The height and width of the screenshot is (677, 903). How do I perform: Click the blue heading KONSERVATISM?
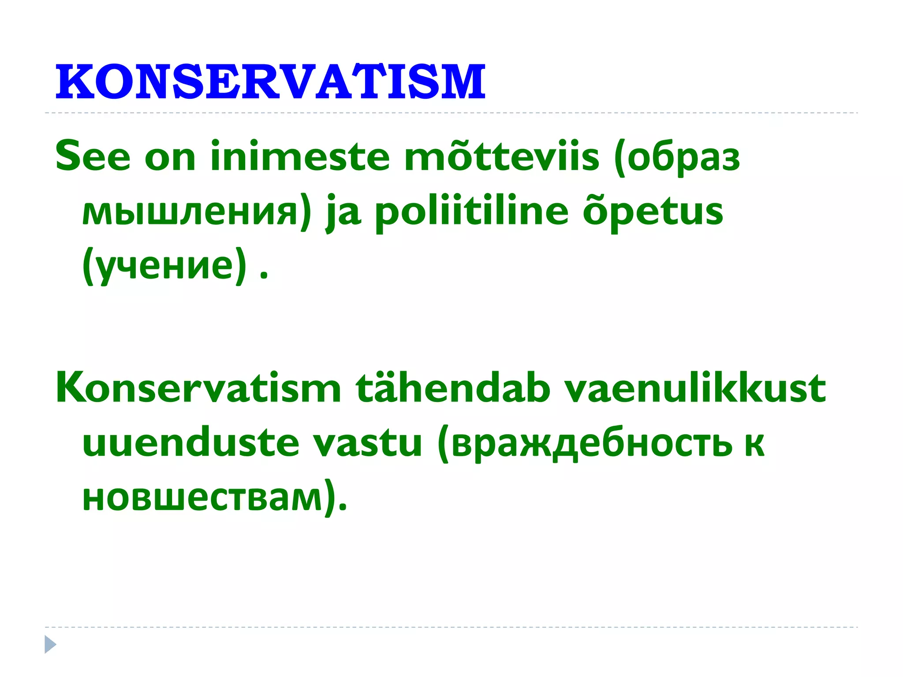click(x=270, y=82)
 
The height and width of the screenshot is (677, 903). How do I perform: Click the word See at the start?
click(x=93, y=156)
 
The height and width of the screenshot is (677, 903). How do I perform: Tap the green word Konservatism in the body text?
click(x=198, y=388)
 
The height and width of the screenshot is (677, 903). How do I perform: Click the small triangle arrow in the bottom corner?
click(x=50, y=644)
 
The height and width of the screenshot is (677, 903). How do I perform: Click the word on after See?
click(x=170, y=158)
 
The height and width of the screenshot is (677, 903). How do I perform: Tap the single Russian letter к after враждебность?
click(x=755, y=445)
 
